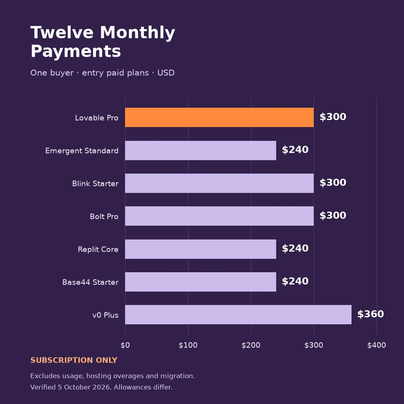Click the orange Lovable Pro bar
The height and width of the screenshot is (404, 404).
(x=219, y=117)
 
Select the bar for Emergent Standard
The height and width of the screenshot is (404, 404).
(x=200, y=150)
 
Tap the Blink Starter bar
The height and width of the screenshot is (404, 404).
(x=219, y=183)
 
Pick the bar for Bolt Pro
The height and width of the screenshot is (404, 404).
(x=219, y=216)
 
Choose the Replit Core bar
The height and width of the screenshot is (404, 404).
(x=200, y=249)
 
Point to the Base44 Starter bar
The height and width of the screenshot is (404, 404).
(x=200, y=282)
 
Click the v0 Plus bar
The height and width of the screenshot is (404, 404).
(x=238, y=314)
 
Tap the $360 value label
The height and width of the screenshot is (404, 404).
(x=370, y=314)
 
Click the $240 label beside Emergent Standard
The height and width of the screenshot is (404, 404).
(x=295, y=150)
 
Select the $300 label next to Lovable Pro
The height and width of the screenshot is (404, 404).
(x=333, y=117)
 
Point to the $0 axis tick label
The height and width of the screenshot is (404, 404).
(x=125, y=345)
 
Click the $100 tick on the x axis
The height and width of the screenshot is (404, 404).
(x=188, y=345)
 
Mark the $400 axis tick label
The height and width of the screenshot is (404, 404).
(x=376, y=345)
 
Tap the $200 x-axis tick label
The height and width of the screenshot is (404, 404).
(x=251, y=345)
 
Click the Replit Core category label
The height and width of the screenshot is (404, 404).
(x=98, y=249)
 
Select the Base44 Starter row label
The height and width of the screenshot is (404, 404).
(x=90, y=282)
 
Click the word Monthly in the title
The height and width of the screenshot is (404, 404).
(x=138, y=33)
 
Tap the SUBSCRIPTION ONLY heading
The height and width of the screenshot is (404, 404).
(x=74, y=360)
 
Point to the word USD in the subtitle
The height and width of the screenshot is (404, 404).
(x=166, y=73)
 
